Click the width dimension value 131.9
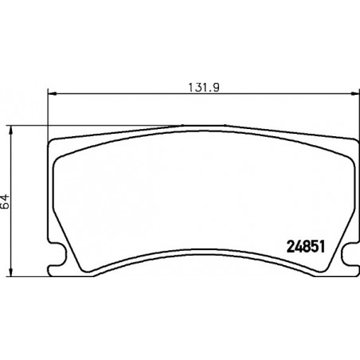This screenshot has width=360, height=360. (204, 88)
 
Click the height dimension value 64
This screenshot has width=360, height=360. (5, 202)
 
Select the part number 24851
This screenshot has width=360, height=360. (306, 247)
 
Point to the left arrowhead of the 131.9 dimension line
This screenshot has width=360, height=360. (53, 93)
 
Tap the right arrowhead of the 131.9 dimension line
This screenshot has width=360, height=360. (355, 93)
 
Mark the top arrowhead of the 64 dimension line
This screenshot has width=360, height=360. (10, 131)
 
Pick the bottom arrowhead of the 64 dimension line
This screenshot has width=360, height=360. (10, 272)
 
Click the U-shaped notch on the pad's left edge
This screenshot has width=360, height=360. (57, 253)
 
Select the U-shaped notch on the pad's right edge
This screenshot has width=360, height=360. (350, 253)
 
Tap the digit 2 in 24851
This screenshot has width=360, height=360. (291, 247)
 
